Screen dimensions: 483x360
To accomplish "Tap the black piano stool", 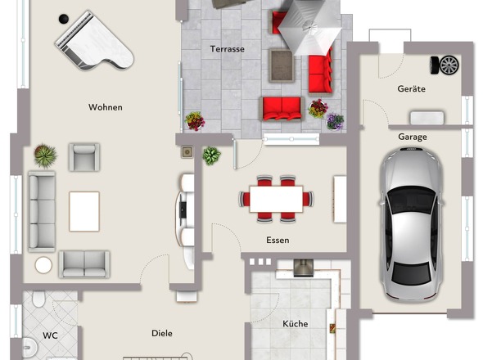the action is pos(64,19).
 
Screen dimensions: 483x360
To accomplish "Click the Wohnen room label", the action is pos(106,107).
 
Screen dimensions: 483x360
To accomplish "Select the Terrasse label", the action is pos(228,49).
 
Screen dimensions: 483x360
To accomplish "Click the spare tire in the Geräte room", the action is pos(445,65).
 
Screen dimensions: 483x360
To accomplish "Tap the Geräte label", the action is pos(411,88).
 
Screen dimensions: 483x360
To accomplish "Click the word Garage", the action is pos(413,137).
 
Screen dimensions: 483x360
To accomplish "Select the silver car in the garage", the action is pos(411,224).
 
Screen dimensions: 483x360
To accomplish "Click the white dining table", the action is pos(276,199).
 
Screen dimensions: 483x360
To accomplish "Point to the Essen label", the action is pos(278,240).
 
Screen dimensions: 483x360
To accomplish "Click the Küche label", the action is pos(295,323).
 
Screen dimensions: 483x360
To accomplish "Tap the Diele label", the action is pos(162,333).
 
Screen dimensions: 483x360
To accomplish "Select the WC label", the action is pos(50,335).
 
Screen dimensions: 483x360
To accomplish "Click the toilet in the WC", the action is pos(38,299).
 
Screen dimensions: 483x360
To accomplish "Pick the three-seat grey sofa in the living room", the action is pos(42,212).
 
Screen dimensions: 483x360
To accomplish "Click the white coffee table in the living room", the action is pos(84,211).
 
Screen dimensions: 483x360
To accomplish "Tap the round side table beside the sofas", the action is pos(43,265).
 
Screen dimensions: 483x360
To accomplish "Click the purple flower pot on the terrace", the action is pos(335,121).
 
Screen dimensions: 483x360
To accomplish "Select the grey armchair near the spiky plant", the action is pos(84,157).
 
